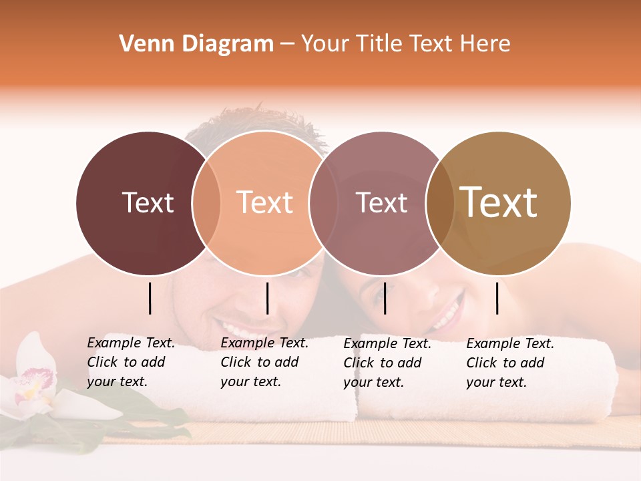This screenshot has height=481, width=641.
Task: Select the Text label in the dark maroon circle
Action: tap(148, 202)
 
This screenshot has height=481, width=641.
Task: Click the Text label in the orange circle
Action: tap(264, 202)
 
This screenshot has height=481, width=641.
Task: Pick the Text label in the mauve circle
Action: tap(381, 202)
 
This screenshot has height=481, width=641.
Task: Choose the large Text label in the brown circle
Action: tap(498, 202)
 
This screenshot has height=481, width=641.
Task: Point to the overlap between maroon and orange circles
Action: tap(206, 203)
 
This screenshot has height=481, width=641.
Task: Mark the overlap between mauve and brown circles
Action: tap(440, 203)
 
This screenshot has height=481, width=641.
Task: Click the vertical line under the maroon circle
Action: tap(150, 298)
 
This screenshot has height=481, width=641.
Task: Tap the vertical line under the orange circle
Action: tap(267, 298)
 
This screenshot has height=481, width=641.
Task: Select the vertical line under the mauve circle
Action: tap(385, 298)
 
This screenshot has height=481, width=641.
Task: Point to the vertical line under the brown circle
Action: tap(497, 298)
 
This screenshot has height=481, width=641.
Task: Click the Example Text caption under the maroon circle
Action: tap(130, 362)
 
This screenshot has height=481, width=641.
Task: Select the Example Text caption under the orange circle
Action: tap(264, 362)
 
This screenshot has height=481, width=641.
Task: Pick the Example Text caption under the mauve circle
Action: tap(387, 363)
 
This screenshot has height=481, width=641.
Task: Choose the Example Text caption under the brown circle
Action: tap(509, 363)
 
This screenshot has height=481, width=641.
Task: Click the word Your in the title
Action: tap(326, 44)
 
